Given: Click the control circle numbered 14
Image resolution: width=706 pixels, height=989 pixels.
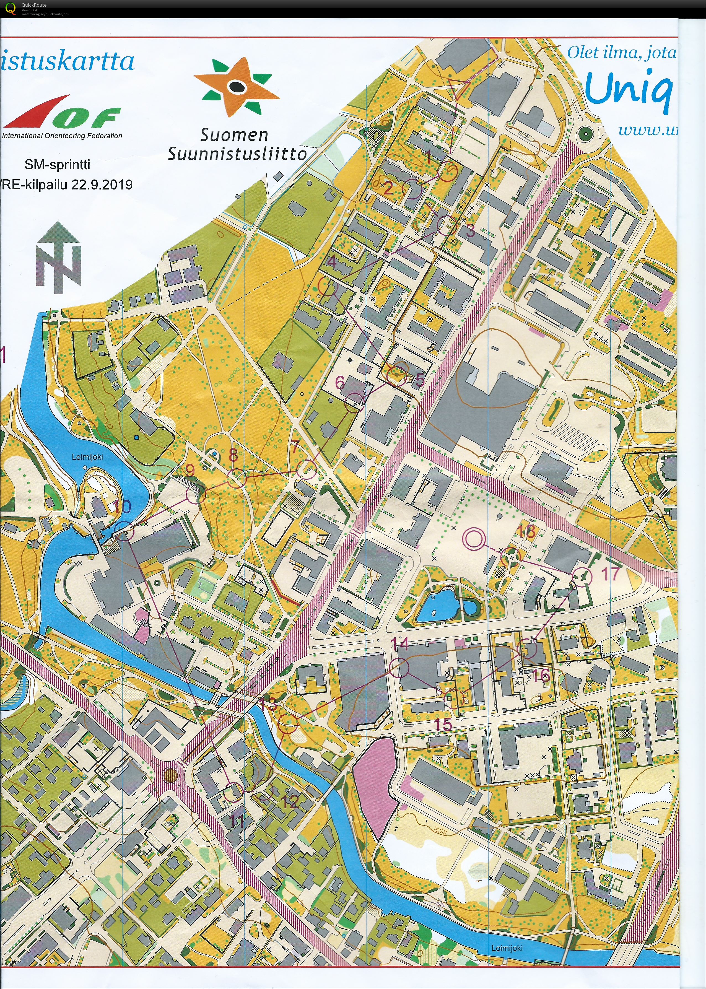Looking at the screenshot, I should point(399,667).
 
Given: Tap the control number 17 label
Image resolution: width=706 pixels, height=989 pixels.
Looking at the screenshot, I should point(610,574).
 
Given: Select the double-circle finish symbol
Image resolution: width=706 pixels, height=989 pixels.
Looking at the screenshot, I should point(473,539).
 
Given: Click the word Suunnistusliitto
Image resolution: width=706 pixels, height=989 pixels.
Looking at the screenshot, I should point(237,154).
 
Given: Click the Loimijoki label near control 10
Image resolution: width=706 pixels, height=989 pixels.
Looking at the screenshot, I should point(87,457).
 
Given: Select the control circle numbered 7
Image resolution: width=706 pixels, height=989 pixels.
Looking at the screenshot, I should point(307,469).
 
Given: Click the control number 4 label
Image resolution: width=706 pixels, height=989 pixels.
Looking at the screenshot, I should point(332,262).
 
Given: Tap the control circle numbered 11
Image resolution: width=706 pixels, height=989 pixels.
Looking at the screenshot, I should point(233,792).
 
